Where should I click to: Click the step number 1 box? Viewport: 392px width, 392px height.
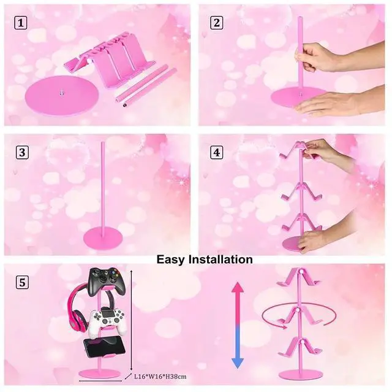pos(20,23)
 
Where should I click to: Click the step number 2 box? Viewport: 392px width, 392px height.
pos(216,23)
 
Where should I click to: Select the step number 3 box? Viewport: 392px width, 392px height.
pos(22,152)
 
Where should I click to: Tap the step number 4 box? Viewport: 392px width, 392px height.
pos(216,152)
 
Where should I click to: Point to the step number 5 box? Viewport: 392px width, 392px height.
pos(22,283)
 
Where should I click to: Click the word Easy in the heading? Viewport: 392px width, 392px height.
pos(171,259)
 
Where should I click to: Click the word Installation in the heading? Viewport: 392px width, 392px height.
pos(221,259)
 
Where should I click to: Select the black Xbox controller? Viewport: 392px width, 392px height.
pos(108,281)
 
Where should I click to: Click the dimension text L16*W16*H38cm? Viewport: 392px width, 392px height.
pos(160,376)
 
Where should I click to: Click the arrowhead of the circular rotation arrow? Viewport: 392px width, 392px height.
pos(283,326)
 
